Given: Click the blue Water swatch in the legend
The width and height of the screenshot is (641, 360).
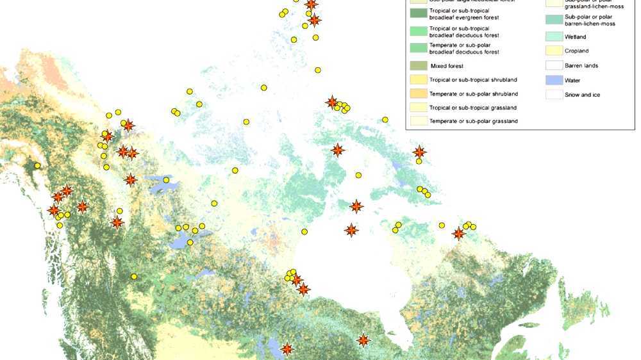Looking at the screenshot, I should click(553, 80).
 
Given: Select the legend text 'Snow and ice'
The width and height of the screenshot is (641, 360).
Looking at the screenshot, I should click(582, 95).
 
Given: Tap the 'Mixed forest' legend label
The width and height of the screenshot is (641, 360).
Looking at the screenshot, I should click(447, 66).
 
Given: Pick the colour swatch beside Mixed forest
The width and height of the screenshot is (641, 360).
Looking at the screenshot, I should click(418, 66).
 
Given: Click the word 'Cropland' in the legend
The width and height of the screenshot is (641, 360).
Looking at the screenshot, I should click(576, 51).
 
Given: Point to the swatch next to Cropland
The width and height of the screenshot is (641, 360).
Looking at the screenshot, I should click(553, 51).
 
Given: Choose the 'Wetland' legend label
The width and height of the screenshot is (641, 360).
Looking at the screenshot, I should click(575, 37).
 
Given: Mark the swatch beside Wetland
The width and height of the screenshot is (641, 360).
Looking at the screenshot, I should click(553, 37).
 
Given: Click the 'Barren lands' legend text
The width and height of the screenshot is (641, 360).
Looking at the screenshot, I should click(581, 65).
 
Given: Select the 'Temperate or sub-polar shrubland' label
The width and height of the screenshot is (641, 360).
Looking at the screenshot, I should click(473, 94).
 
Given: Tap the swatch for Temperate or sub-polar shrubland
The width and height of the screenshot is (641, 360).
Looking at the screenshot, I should click(418, 94).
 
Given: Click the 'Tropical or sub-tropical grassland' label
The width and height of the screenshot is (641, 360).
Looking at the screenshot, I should click(473, 108).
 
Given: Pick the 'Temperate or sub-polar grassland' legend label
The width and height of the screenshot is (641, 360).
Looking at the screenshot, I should click(473, 121).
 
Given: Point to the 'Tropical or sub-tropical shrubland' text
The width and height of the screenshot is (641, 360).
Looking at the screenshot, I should click(473, 79).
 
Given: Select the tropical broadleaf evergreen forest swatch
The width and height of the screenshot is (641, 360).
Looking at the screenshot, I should click(418, 14).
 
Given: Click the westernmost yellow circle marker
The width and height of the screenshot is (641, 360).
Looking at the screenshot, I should click(37, 165).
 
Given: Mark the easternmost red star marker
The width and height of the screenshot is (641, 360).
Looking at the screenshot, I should click(458, 234).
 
